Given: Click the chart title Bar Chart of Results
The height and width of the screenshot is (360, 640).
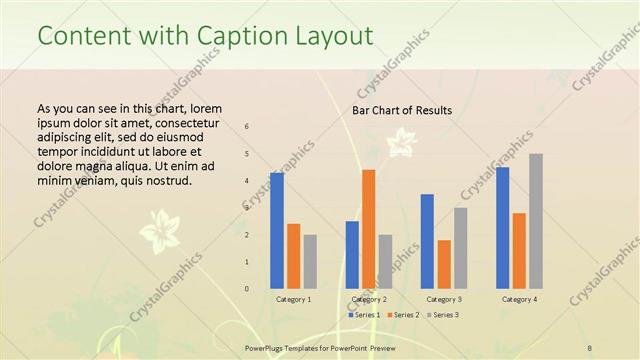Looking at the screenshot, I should click(x=401, y=110).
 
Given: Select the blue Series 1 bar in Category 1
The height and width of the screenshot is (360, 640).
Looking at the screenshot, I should click(x=276, y=230).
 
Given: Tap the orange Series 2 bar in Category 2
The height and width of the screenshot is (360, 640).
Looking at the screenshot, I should click(x=368, y=229).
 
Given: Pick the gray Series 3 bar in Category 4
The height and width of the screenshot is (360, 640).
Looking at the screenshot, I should click(x=536, y=221).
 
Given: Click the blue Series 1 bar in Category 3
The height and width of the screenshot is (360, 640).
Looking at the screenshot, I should click(x=427, y=241).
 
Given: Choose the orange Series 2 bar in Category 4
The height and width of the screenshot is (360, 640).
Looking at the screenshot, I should click(x=519, y=250).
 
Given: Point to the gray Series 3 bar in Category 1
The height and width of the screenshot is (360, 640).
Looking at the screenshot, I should click(x=310, y=261).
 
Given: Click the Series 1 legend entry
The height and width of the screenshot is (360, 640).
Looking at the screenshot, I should click(x=364, y=315).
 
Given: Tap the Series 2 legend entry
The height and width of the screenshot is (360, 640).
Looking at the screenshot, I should click(x=402, y=315).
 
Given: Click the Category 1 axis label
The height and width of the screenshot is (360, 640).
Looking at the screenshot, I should click(x=293, y=299).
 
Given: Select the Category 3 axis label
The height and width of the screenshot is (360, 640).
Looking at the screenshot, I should click(x=444, y=299).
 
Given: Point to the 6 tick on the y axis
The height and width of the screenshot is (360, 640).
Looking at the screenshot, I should click(x=247, y=126).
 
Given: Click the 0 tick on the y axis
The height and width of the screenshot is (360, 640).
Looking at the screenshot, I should click(x=247, y=289).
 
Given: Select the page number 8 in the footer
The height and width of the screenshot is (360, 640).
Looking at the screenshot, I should click(x=590, y=347).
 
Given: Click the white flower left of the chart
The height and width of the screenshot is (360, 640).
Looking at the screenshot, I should click(x=159, y=232).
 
